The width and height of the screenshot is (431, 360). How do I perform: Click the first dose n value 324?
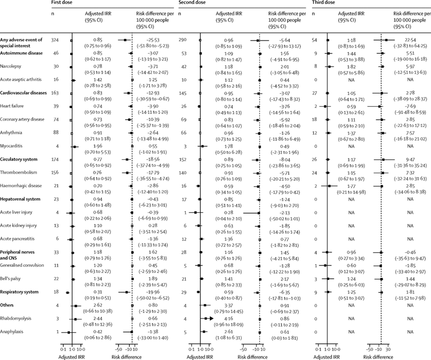55,39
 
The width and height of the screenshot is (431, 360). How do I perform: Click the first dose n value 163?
55,93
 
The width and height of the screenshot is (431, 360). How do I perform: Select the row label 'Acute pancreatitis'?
18,240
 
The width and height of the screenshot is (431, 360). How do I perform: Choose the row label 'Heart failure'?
11,106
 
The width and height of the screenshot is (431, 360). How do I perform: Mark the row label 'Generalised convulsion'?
22,279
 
